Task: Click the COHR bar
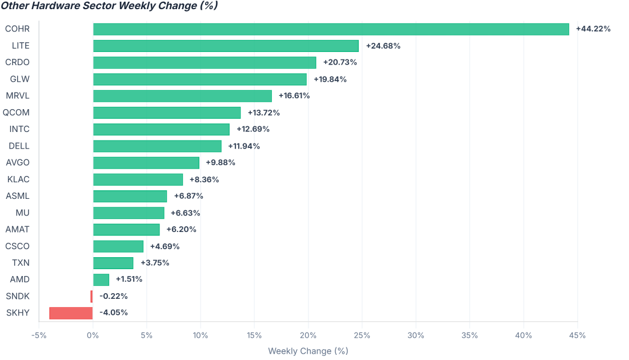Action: (331, 29)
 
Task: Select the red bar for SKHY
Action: (71, 313)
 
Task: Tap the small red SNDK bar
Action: (91, 297)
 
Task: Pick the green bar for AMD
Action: (101, 280)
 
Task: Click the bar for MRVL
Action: (182, 96)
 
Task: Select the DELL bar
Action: (157, 146)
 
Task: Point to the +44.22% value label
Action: (594, 29)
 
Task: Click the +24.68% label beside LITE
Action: (383, 46)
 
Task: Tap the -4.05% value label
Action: (114, 313)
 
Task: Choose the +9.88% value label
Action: (220, 162)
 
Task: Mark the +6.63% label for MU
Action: (185, 213)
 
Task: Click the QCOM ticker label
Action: (16, 113)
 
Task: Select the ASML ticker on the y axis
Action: (18, 196)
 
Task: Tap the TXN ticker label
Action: (21, 263)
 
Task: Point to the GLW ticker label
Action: (19, 79)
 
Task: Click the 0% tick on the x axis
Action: (93, 335)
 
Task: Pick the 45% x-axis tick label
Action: (577, 335)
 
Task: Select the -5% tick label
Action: (39, 335)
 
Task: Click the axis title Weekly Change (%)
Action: (308, 351)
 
